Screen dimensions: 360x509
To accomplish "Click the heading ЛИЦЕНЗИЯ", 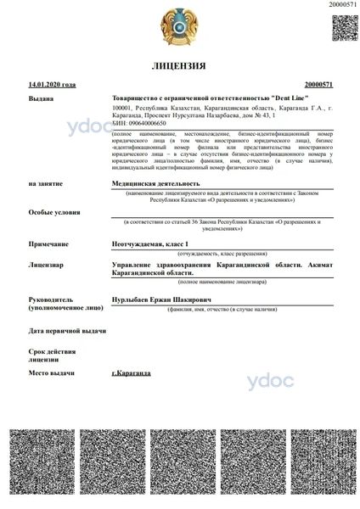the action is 179,65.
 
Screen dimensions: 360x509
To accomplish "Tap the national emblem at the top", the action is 179,27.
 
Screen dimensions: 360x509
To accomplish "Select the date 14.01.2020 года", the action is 52,85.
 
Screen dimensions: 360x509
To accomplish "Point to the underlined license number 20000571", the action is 318,85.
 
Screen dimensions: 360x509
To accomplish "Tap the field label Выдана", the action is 40,98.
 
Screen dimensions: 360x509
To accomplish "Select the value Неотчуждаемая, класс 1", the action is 150,243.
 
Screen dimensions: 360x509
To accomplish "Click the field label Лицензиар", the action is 46,266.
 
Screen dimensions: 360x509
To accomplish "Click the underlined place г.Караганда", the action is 132,373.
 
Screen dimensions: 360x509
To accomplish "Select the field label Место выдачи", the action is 51,373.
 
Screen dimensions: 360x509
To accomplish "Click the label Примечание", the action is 48,243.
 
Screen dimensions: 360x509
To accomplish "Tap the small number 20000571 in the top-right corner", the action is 342,5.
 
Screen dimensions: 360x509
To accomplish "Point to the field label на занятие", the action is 44,182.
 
